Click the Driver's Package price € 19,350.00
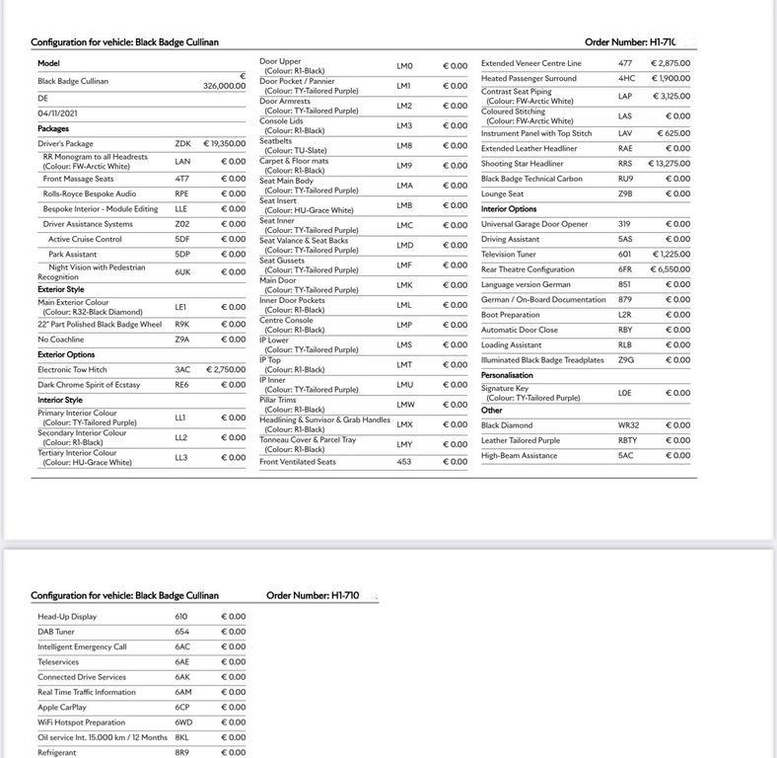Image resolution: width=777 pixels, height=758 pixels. click(224, 144)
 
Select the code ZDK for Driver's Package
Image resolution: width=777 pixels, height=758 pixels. click(183, 144)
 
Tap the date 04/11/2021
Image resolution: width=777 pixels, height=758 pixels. click(57, 114)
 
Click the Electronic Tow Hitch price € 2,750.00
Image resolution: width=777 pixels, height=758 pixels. click(226, 369)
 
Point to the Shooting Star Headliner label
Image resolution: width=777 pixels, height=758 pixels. click(523, 164)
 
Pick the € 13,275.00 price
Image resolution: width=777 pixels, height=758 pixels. click(669, 164)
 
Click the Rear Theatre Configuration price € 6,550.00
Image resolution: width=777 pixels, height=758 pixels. click(670, 269)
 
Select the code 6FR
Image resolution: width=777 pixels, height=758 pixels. click(626, 269)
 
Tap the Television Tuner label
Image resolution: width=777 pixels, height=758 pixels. click(509, 255)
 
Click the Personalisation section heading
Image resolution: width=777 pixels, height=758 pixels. click(507, 376)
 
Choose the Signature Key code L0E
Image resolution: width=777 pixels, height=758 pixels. click(626, 393)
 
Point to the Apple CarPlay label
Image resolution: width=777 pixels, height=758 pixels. click(62, 708)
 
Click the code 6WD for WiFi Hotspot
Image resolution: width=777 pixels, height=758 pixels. click(182, 722)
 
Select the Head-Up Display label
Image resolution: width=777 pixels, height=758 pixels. click(67, 617)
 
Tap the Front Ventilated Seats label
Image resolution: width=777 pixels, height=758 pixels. click(298, 462)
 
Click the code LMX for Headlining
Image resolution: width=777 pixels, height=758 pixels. click(404, 424)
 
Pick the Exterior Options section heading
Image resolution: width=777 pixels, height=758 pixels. click(66, 354)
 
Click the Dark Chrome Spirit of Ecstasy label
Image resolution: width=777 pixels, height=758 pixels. click(89, 385)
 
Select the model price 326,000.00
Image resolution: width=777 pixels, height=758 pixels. click(224, 87)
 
